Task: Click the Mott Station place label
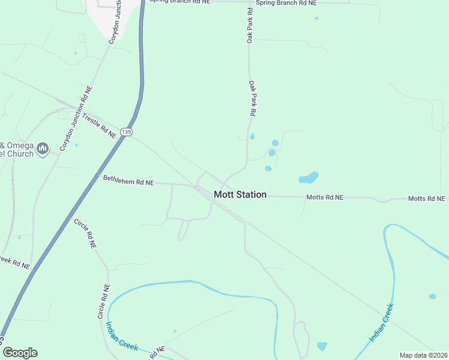240,195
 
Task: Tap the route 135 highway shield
125,131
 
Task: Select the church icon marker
42,148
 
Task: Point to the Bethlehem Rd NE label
128,181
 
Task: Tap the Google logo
20,352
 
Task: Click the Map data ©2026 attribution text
424,355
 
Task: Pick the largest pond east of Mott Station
309,178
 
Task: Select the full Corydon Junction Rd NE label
76,118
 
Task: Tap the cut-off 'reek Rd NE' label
14,263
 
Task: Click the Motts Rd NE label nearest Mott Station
325,197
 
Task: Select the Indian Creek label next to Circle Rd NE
122,337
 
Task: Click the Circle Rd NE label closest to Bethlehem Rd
85,234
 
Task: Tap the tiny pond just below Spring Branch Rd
316,18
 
